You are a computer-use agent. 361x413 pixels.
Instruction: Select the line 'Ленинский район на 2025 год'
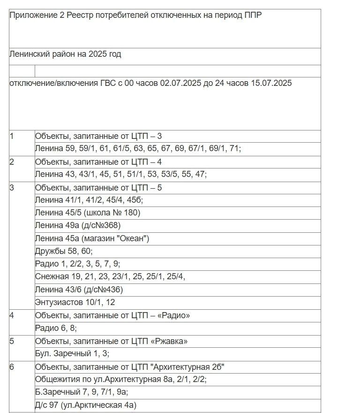click(65, 54)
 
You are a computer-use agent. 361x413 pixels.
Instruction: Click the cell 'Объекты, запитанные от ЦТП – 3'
click(98, 136)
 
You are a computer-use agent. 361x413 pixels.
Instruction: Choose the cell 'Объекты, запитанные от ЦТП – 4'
click(98, 162)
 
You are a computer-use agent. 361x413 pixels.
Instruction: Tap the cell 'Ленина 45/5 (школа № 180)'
click(88, 213)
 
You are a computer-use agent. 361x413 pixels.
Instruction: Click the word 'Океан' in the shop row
click(134, 238)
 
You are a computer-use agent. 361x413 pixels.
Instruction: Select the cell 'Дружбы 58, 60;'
click(64, 251)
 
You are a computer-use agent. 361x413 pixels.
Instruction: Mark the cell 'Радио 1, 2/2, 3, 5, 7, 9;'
click(77, 264)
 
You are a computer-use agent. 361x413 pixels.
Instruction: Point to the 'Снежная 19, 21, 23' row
click(110, 276)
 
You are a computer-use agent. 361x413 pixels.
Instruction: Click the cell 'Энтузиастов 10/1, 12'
click(75, 302)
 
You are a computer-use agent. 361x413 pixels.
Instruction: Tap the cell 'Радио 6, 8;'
click(56, 328)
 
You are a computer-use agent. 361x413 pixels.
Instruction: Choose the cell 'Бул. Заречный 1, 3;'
click(72, 353)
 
